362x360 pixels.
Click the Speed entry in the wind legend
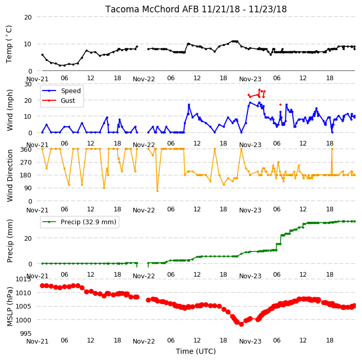(70, 91)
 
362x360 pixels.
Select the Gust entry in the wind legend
(68, 100)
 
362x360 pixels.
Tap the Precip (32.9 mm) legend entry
(88, 222)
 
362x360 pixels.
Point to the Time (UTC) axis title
(196, 351)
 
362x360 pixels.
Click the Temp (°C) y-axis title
(9, 44)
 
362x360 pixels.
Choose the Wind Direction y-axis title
(10, 175)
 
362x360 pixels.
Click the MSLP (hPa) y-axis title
(10, 307)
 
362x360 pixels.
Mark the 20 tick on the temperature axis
(28, 17)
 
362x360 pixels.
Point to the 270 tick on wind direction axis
(26, 163)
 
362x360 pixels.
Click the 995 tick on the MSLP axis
(26, 333)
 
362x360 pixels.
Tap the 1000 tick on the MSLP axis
(24, 320)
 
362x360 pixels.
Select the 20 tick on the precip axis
(28, 238)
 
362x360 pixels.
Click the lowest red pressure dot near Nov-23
(241, 324)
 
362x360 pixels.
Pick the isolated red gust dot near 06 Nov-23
(280, 104)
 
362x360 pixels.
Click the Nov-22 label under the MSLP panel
(143, 341)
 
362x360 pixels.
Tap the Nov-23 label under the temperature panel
(250, 79)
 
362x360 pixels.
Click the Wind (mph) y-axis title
(10, 110)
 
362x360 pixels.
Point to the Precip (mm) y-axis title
(10, 241)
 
